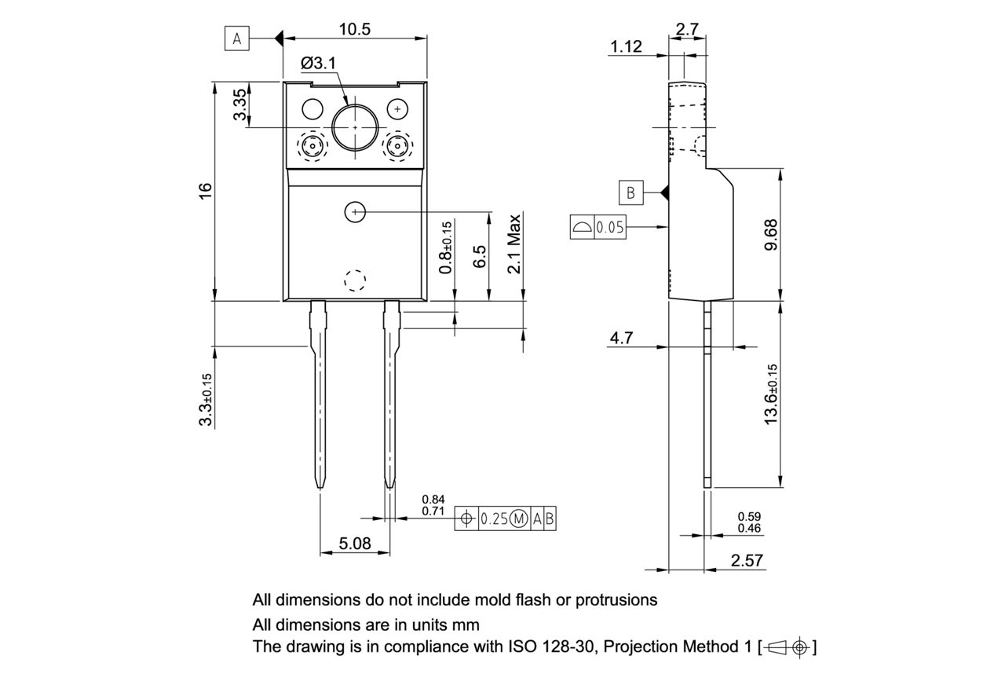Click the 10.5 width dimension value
(355, 29)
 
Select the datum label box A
(237, 38)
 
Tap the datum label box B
(630, 192)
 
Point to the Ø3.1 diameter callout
(319, 62)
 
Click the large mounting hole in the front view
(355, 126)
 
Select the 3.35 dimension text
(240, 104)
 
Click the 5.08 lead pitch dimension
(355, 543)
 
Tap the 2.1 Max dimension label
(514, 243)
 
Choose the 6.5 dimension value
(480, 256)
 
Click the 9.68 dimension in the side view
(770, 234)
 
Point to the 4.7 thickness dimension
(622, 338)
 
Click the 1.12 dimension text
(626, 47)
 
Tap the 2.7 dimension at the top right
(687, 29)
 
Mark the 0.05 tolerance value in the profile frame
(610, 228)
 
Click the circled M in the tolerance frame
(519, 518)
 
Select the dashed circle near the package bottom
(355, 280)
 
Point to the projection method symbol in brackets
(788, 647)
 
